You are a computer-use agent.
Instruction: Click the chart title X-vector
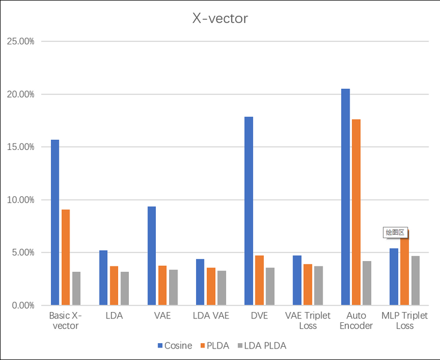pyautogui.click(x=219, y=19)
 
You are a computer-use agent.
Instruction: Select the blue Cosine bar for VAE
pyautogui.click(x=152, y=256)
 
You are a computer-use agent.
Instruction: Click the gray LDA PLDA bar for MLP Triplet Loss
pyautogui.click(x=415, y=280)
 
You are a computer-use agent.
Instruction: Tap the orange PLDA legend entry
pyautogui.click(x=215, y=346)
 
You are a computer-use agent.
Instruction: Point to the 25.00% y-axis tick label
pyautogui.click(x=20, y=41)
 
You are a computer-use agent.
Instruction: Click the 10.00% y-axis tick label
pyautogui.click(x=20, y=200)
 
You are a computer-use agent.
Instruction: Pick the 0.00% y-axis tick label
pyautogui.click(x=22, y=305)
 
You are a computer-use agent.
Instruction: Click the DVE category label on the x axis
pyautogui.click(x=259, y=316)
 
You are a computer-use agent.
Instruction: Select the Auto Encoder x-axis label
pyautogui.click(x=356, y=320)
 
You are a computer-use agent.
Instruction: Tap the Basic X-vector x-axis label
pyautogui.click(x=66, y=320)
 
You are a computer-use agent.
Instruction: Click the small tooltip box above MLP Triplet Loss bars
pyautogui.click(x=396, y=232)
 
